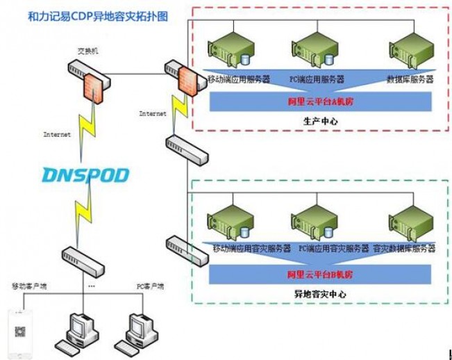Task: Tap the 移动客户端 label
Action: (30, 286)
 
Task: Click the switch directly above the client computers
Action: (81, 259)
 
